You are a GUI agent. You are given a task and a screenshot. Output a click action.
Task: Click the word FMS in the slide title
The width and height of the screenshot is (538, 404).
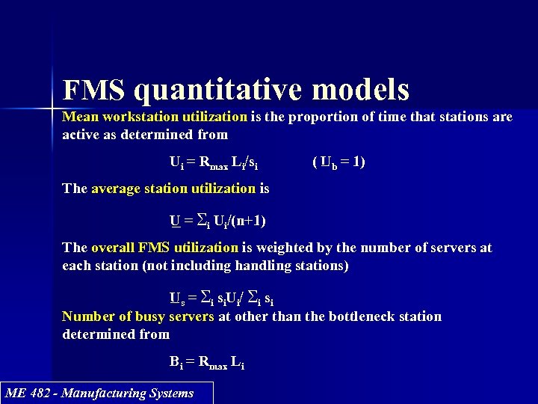[x=94, y=90]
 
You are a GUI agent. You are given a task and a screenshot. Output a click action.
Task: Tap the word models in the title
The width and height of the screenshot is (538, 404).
[x=361, y=90]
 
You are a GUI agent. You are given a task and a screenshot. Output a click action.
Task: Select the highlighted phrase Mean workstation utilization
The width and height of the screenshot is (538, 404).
[x=155, y=117]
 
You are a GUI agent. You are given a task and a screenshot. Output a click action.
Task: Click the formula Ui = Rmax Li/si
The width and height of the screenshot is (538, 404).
[x=214, y=162]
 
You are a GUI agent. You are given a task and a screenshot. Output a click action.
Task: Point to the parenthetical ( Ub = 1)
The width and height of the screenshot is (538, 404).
[x=338, y=162]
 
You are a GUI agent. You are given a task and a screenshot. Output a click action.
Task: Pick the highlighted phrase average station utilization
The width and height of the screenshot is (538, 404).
[x=173, y=189]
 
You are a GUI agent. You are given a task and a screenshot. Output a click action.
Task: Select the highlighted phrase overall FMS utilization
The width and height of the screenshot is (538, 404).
[x=164, y=248]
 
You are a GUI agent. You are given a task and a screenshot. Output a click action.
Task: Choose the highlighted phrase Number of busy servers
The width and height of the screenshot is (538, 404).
[x=138, y=316]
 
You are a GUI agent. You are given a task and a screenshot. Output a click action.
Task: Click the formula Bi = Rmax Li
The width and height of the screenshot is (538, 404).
[x=206, y=363]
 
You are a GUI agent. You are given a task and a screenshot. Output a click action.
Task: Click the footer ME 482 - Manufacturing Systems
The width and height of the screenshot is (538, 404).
[x=99, y=393]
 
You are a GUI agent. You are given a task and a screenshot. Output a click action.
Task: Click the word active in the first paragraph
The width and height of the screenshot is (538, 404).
[x=81, y=135]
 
